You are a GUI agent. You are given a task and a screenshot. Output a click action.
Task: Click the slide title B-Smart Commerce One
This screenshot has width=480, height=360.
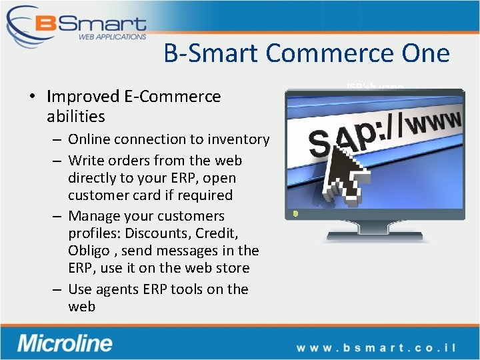coord(307,53)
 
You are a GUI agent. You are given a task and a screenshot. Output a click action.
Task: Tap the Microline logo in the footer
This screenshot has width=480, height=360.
coord(65,343)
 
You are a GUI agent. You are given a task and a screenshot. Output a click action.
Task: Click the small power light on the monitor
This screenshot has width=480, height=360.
coord(295,214)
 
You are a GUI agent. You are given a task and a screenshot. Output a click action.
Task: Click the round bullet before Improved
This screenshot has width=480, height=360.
coord(32,97)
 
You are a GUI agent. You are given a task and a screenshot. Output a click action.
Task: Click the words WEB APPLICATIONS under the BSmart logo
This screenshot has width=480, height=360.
coord(112,37)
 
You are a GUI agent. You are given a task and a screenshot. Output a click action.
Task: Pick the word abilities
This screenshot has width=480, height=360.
coord(76,117)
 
